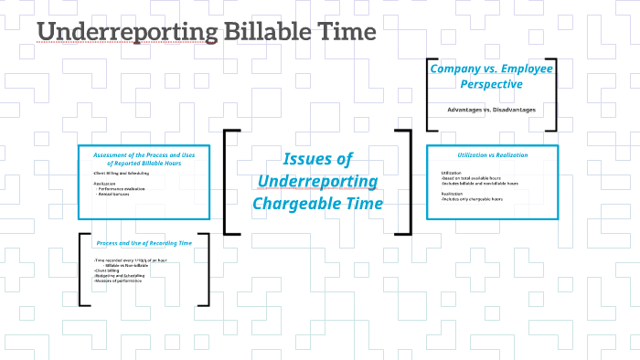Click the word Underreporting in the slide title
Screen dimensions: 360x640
(x=128, y=32)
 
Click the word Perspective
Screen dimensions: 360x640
(x=492, y=83)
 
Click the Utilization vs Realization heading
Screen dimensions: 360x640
(x=492, y=154)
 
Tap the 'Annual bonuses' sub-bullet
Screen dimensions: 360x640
(x=119, y=193)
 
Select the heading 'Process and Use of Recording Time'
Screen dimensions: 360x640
(x=144, y=243)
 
